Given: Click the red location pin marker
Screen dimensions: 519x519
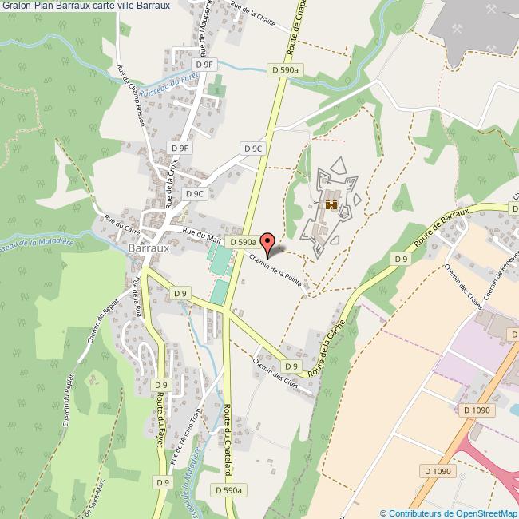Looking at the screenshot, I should (x=268, y=244).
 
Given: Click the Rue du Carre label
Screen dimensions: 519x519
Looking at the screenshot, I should (x=117, y=221).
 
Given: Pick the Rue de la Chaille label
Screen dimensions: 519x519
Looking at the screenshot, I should (x=252, y=15).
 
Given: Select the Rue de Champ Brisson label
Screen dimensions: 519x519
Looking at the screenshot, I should (x=130, y=96).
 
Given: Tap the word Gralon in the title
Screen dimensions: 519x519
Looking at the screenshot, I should (x=16, y=6).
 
